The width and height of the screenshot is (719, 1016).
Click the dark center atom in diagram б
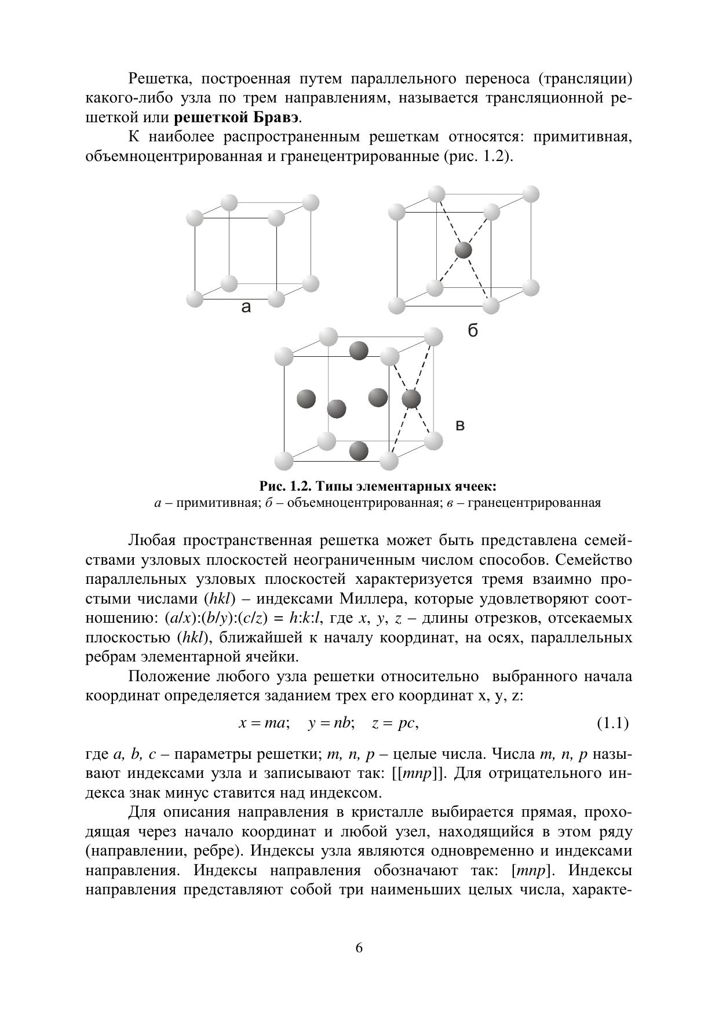pos(463,250)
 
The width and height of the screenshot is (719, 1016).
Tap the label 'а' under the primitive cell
pos(246,308)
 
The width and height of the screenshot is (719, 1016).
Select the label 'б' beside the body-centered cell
pos(473,331)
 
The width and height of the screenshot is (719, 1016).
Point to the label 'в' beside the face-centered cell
pos(460,426)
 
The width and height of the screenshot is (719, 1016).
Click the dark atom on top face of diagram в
pos(359,350)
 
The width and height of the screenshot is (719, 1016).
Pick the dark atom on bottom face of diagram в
pos(359,450)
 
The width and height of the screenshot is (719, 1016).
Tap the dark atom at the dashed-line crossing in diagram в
pos(411,399)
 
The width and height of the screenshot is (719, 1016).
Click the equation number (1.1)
pos(612,723)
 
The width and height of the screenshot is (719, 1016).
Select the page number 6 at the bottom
pos(359,948)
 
